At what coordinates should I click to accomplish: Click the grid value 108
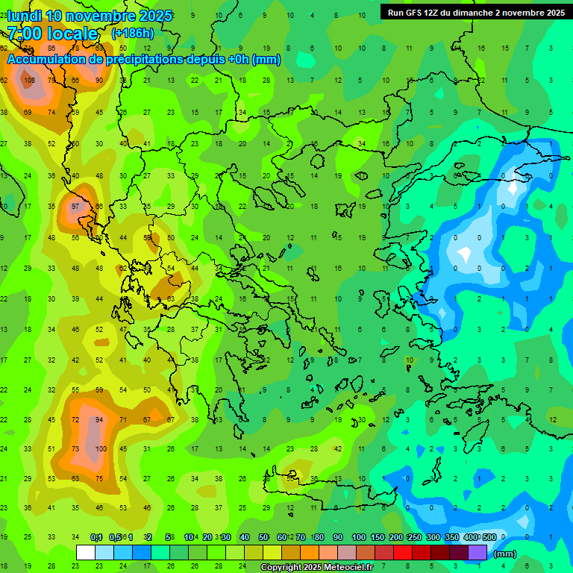coord(29,81)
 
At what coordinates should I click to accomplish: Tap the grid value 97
coord(75,206)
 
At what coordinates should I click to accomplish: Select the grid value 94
coord(98,420)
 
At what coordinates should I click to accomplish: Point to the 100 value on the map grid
coord(101,448)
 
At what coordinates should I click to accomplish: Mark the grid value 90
coord(99,81)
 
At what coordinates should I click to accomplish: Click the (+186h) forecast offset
coord(132,34)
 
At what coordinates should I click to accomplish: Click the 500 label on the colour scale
coord(489,537)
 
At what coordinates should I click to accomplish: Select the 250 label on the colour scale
coord(413,537)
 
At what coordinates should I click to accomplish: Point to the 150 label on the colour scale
coord(377,537)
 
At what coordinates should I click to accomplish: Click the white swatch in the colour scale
coord(86,552)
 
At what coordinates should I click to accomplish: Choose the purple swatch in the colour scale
coord(477,552)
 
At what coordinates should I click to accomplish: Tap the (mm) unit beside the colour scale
coord(505,554)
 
